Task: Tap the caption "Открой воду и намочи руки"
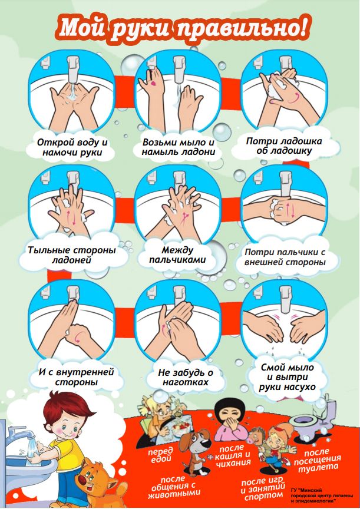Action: point(72,147)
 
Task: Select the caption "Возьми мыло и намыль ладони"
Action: point(179,147)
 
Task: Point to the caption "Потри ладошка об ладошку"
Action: point(284,146)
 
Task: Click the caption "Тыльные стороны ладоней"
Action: point(72,255)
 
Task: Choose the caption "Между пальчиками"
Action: point(177,255)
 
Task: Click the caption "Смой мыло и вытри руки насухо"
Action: point(288,377)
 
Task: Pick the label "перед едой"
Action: point(160,455)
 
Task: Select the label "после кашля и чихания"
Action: point(233,456)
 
